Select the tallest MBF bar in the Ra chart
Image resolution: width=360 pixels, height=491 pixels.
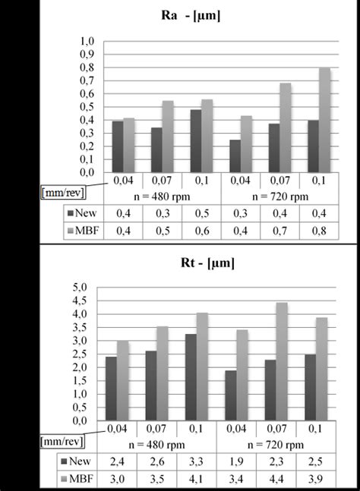pyautogui.click(x=324, y=120)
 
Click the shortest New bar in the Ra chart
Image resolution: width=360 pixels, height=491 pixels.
pyautogui.click(x=235, y=156)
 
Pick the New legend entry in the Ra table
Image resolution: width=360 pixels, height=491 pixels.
pyautogui.click(x=79, y=213)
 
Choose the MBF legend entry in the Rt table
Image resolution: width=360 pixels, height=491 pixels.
pyautogui.click(x=79, y=480)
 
